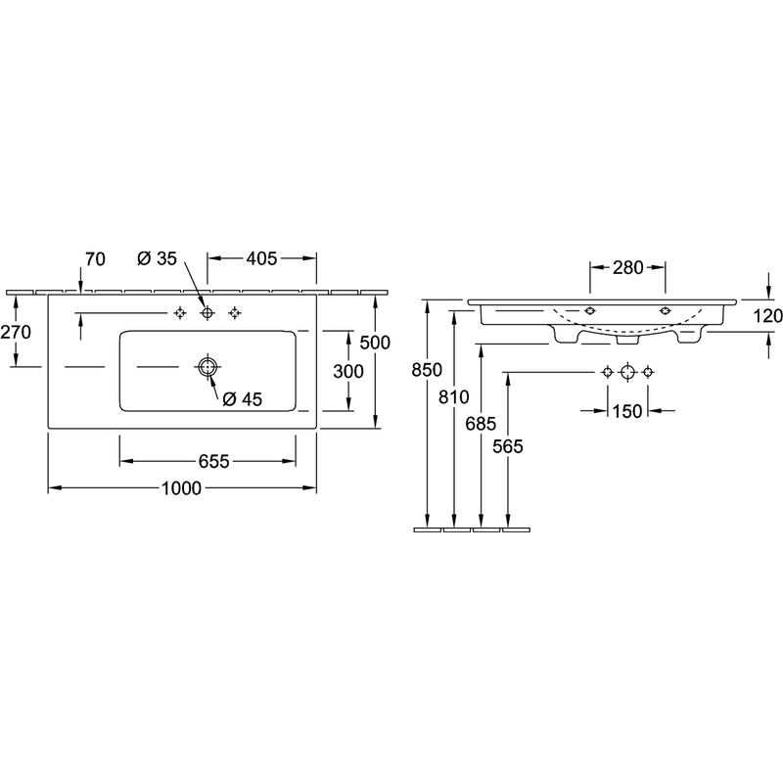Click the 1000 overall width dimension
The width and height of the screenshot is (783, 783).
coord(181,487)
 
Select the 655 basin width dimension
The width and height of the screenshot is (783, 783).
coord(213,461)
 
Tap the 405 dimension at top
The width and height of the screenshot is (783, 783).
coord(261,258)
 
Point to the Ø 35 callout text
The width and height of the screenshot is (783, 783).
coord(157,258)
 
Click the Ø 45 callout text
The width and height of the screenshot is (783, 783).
coord(242,399)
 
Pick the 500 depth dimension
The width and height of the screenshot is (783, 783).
coord(375,342)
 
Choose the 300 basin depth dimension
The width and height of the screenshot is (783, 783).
coord(348,371)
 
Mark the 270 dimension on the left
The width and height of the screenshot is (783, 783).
coord(16,332)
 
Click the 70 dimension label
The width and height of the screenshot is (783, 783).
coord(95,259)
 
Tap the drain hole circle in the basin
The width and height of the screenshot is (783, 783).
coord(207,367)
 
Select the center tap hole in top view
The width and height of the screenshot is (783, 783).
coord(207,313)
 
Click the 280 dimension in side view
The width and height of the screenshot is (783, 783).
coord(627,267)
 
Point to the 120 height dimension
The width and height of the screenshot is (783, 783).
coord(767,315)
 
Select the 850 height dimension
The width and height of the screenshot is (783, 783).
coord(427,370)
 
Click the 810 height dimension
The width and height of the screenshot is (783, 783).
coord(454,397)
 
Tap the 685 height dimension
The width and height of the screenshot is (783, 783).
coord(481,424)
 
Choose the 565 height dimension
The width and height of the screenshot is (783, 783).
coord(508,446)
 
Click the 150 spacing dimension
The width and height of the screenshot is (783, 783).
coord(627,411)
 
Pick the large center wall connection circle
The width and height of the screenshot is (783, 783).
coord(627,372)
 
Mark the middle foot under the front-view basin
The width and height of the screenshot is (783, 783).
coord(628,340)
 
